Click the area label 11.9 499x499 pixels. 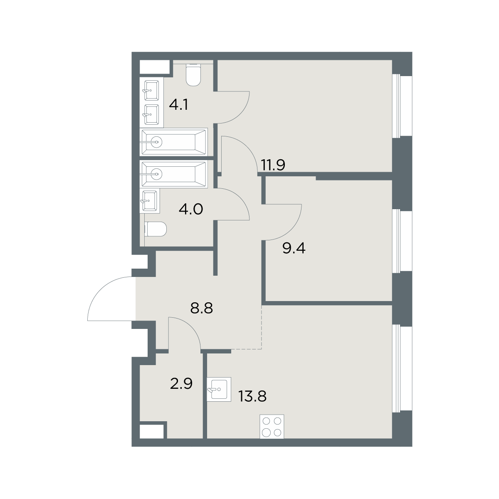click(273, 165)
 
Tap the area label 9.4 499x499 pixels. click(294, 248)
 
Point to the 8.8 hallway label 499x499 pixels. click(201, 308)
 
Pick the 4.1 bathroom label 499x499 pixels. click(178, 105)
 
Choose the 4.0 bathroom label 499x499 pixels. click(191, 209)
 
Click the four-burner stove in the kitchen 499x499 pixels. click(272, 426)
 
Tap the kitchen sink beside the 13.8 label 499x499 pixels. click(219, 389)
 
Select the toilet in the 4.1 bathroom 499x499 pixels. click(193, 75)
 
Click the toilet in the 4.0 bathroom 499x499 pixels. click(155, 229)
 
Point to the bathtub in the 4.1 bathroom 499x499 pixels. click(174, 142)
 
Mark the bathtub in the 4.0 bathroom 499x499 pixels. click(174, 174)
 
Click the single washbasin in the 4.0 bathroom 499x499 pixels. click(150, 201)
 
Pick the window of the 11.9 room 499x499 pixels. click(402, 106)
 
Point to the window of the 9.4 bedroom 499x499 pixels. click(402, 241)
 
